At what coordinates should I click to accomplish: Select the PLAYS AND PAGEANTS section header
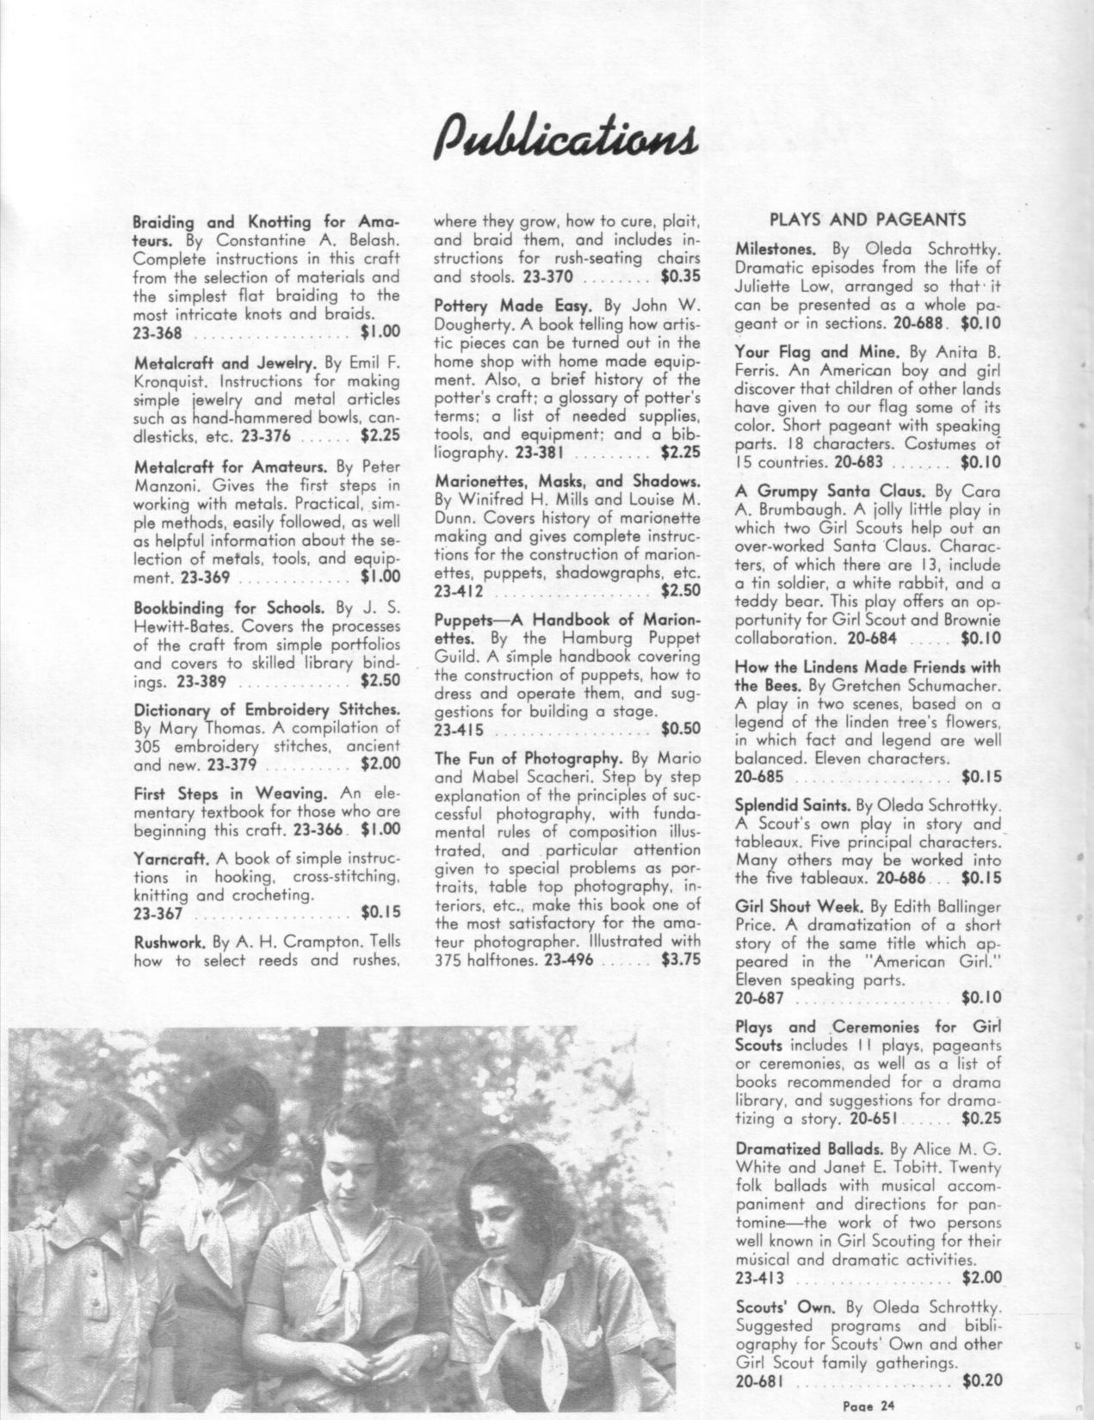tap(868, 219)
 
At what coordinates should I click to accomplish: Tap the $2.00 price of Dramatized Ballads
tap(981, 1276)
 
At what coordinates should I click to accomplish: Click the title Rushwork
tap(168, 941)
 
